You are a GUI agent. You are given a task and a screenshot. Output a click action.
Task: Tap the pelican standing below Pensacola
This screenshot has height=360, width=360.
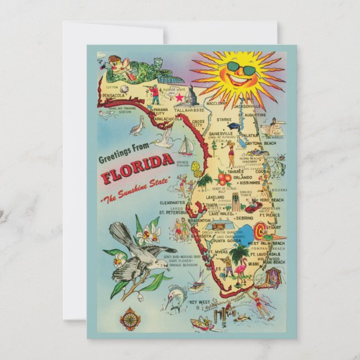click(136, 128)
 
